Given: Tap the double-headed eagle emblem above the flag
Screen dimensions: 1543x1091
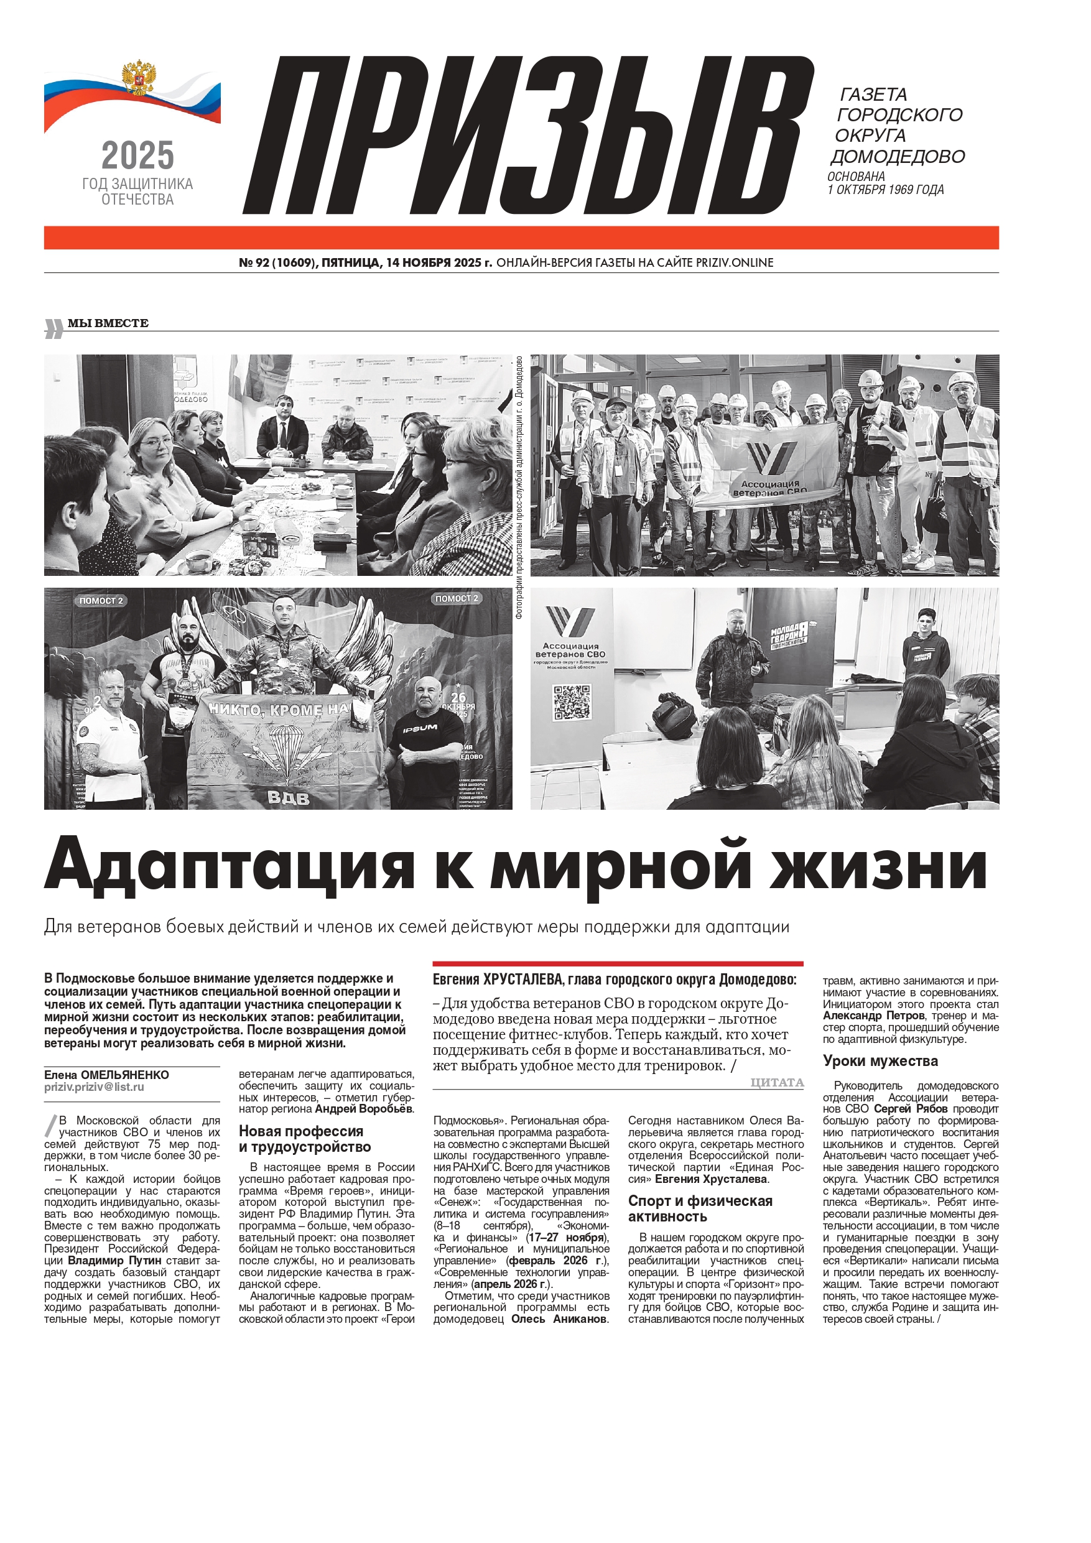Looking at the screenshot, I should tap(139, 78).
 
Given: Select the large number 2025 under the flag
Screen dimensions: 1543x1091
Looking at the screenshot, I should tap(138, 156).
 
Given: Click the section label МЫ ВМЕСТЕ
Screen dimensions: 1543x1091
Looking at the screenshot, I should tap(108, 323).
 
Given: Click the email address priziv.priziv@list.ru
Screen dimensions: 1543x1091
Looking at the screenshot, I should tap(94, 1087).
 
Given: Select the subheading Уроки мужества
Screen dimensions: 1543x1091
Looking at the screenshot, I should tap(880, 1061).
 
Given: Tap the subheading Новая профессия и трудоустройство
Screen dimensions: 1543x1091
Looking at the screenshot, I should tap(305, 1139).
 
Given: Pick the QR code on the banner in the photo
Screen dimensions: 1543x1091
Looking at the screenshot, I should tap(572, 703).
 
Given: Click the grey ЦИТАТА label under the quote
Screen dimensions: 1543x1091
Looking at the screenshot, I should tap(777, 1083).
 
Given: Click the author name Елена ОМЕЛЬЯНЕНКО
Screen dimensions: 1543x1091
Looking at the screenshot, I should tap(107, 1075).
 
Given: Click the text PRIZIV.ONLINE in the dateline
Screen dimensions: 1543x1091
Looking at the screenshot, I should tap(734, 263).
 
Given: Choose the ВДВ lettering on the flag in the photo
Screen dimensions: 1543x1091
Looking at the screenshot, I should tap(289, 799).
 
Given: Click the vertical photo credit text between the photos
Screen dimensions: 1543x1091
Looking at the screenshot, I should tap(519, 486).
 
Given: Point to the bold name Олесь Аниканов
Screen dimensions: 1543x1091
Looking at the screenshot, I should tap(560, 1319).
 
